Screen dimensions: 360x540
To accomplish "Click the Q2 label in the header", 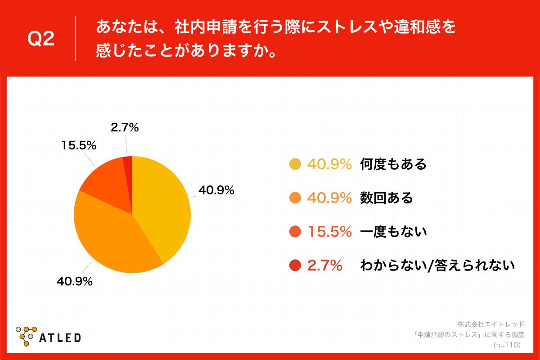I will coord(41,40).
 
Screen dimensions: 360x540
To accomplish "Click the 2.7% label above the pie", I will coord(125,128).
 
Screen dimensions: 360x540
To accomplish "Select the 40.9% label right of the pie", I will coord(216,190).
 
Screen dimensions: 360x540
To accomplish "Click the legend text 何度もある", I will coord(393,165).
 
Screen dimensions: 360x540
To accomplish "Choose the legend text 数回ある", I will coord(386,198).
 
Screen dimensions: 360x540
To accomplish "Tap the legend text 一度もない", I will coord(393,232).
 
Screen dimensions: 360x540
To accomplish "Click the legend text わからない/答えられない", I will coord(437,265).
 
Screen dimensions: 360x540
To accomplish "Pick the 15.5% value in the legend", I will coord(329,232).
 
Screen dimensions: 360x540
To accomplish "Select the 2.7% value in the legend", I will coord(324,266).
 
